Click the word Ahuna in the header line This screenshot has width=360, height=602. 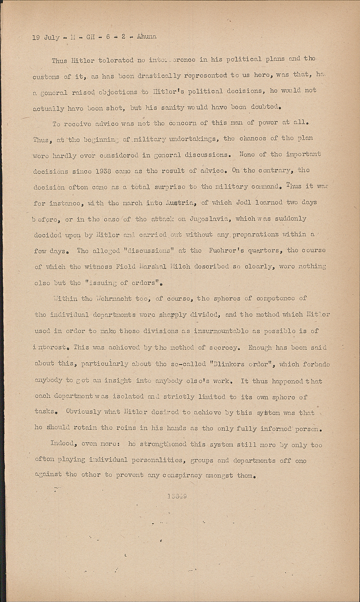point(146,37)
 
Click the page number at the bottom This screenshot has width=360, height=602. point(177,496)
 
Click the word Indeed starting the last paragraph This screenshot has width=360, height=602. point(62,443)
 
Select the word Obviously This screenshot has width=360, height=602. point(83,412)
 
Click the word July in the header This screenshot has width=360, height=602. point(52,38)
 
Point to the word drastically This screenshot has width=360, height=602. point(158,75)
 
